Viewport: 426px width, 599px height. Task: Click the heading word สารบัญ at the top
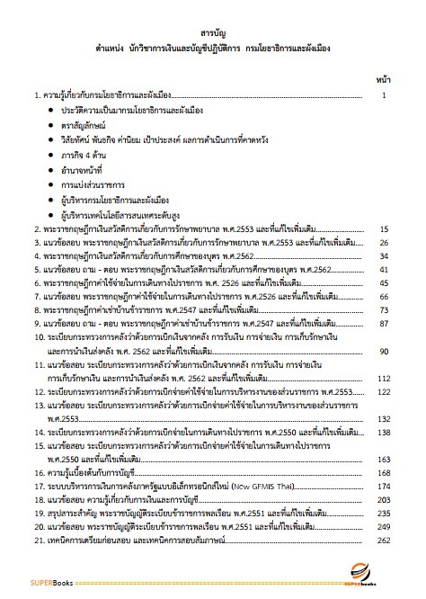click(x=213, y=28)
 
